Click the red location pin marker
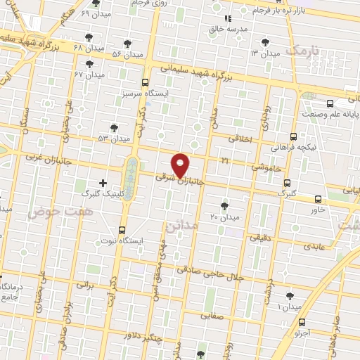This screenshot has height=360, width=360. (x=181, y=165)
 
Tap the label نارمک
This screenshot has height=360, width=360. (x=302, y=51)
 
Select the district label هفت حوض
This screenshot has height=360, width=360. (x=51, y=211)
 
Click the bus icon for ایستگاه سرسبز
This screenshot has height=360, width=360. (x=145, y=82)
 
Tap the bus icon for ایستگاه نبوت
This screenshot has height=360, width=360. (x=123, y=230)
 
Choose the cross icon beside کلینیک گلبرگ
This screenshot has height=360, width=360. (x=103, y=182)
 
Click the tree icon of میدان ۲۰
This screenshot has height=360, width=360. (x=224, y=205)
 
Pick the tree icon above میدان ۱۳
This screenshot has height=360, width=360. (x=265, y=42)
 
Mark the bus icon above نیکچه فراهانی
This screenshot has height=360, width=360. (x=293, y=137)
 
